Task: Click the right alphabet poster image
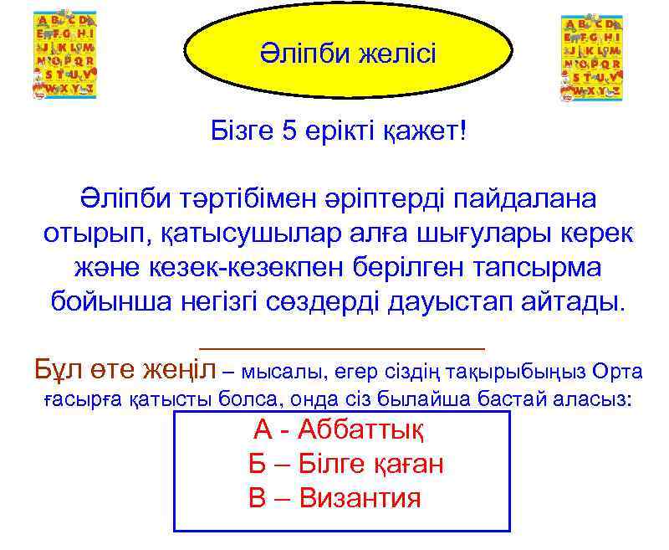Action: coord(590,58)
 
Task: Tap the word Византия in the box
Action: coord(360,498)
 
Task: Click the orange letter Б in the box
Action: coord(256,465)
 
